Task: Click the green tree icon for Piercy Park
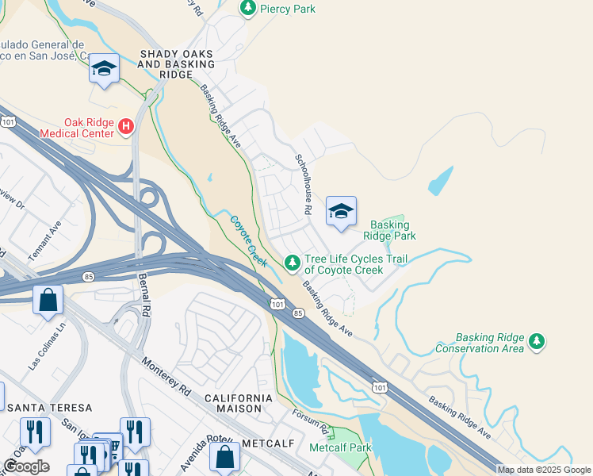248,8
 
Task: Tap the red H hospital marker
125,126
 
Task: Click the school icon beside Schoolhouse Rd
341,211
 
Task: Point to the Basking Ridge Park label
389,230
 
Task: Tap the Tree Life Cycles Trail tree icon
293,261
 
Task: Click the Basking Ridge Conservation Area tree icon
538,340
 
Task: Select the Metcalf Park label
340,447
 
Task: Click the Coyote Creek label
248,240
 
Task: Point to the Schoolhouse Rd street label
301,184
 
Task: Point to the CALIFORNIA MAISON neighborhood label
238,402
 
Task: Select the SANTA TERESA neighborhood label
39,407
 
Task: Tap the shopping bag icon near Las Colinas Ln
48,300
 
